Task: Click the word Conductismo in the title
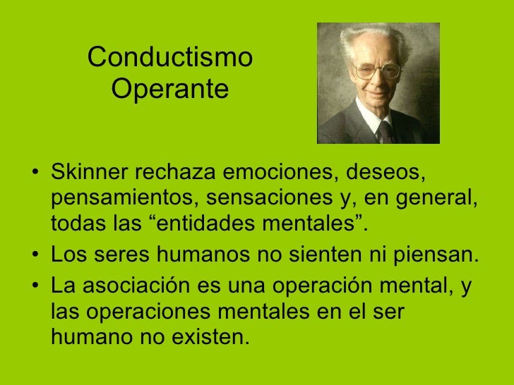tap(170, 58)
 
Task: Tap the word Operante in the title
tap(170, 90)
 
